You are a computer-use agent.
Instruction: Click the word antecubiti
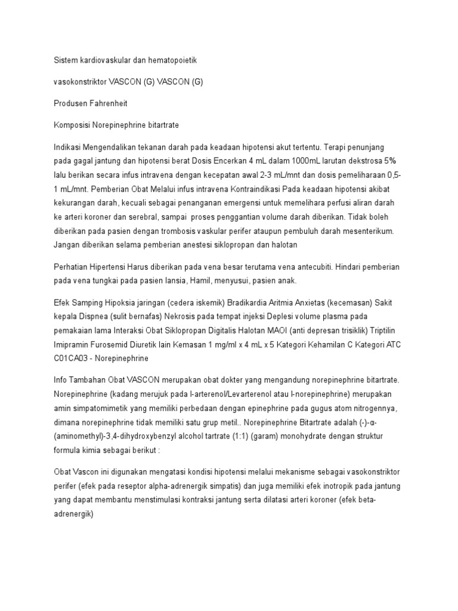[x=321, y=266]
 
